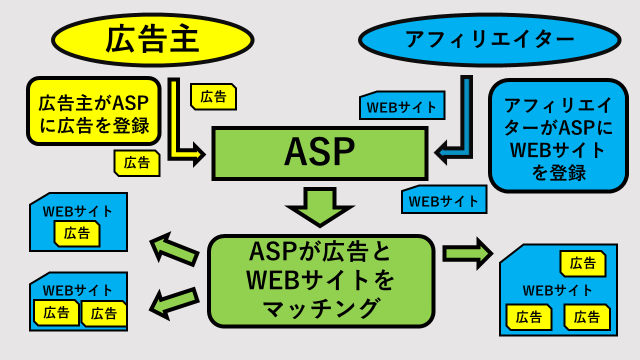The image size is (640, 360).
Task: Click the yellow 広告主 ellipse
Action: [152, 40]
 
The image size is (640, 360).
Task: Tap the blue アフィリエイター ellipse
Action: [489, 40]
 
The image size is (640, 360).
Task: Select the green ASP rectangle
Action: [319, 153]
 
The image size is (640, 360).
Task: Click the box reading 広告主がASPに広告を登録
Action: [94, 111]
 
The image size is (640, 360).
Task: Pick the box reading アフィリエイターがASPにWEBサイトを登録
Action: [558, 136]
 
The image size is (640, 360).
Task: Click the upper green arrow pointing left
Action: [174, 248]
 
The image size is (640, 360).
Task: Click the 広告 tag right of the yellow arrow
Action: [213, 96]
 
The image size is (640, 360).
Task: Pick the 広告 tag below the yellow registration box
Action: [137, 163]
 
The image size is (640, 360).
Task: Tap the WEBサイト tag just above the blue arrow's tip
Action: [402, 106]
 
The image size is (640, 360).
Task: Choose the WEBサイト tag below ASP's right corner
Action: [444, 200]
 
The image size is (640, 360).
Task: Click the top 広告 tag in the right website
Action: [583, 263]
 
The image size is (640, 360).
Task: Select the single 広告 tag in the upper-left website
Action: [77, 233]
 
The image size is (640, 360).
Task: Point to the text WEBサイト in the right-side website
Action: [557, 290]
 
